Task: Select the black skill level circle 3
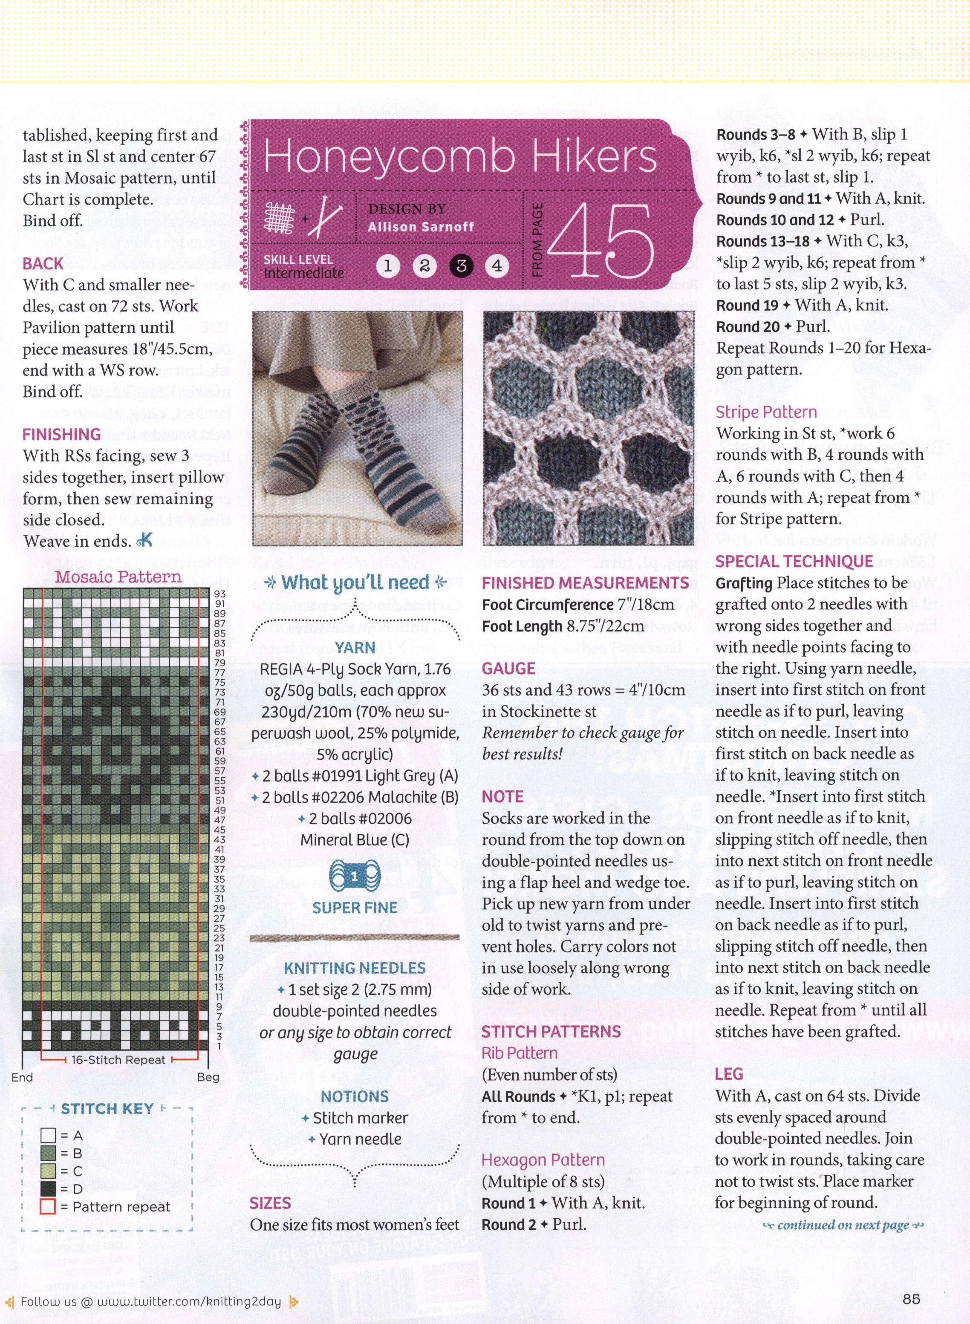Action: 461,266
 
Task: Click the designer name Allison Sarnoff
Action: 420,227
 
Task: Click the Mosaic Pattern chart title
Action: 118,577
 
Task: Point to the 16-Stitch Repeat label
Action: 118,1060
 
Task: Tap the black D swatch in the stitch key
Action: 48,1189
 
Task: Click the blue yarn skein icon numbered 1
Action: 355,877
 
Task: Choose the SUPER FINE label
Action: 355,908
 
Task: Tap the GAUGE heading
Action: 508,669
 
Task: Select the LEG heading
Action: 729,1074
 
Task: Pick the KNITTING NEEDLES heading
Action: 355,968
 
